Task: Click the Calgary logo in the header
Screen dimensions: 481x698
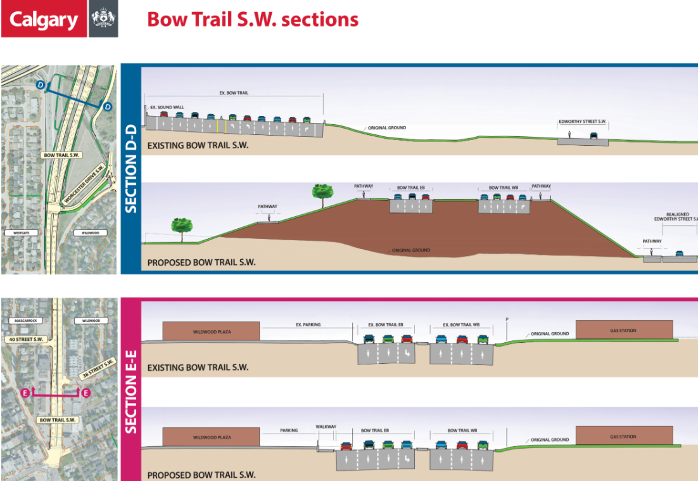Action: [43, 20]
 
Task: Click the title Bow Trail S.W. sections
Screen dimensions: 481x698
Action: [253, 19]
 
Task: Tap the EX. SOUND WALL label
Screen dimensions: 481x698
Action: [167, 108]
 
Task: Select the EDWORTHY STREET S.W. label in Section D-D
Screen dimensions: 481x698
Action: [583, 121]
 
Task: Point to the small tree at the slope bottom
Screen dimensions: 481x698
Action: [182, 226]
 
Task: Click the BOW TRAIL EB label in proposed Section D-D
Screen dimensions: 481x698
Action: [411, 188]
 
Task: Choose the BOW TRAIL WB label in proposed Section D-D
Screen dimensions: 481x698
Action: [503, 188]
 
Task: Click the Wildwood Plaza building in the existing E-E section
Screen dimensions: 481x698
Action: [210, 331]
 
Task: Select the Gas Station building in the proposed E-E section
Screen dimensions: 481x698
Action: [624, 437]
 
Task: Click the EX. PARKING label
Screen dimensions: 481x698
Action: [308, 324]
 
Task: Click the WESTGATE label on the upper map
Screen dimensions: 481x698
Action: [18, 233]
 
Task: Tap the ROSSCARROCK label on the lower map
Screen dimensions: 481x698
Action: [25, 321]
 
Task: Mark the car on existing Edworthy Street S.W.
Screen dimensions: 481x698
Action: [593, 136]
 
